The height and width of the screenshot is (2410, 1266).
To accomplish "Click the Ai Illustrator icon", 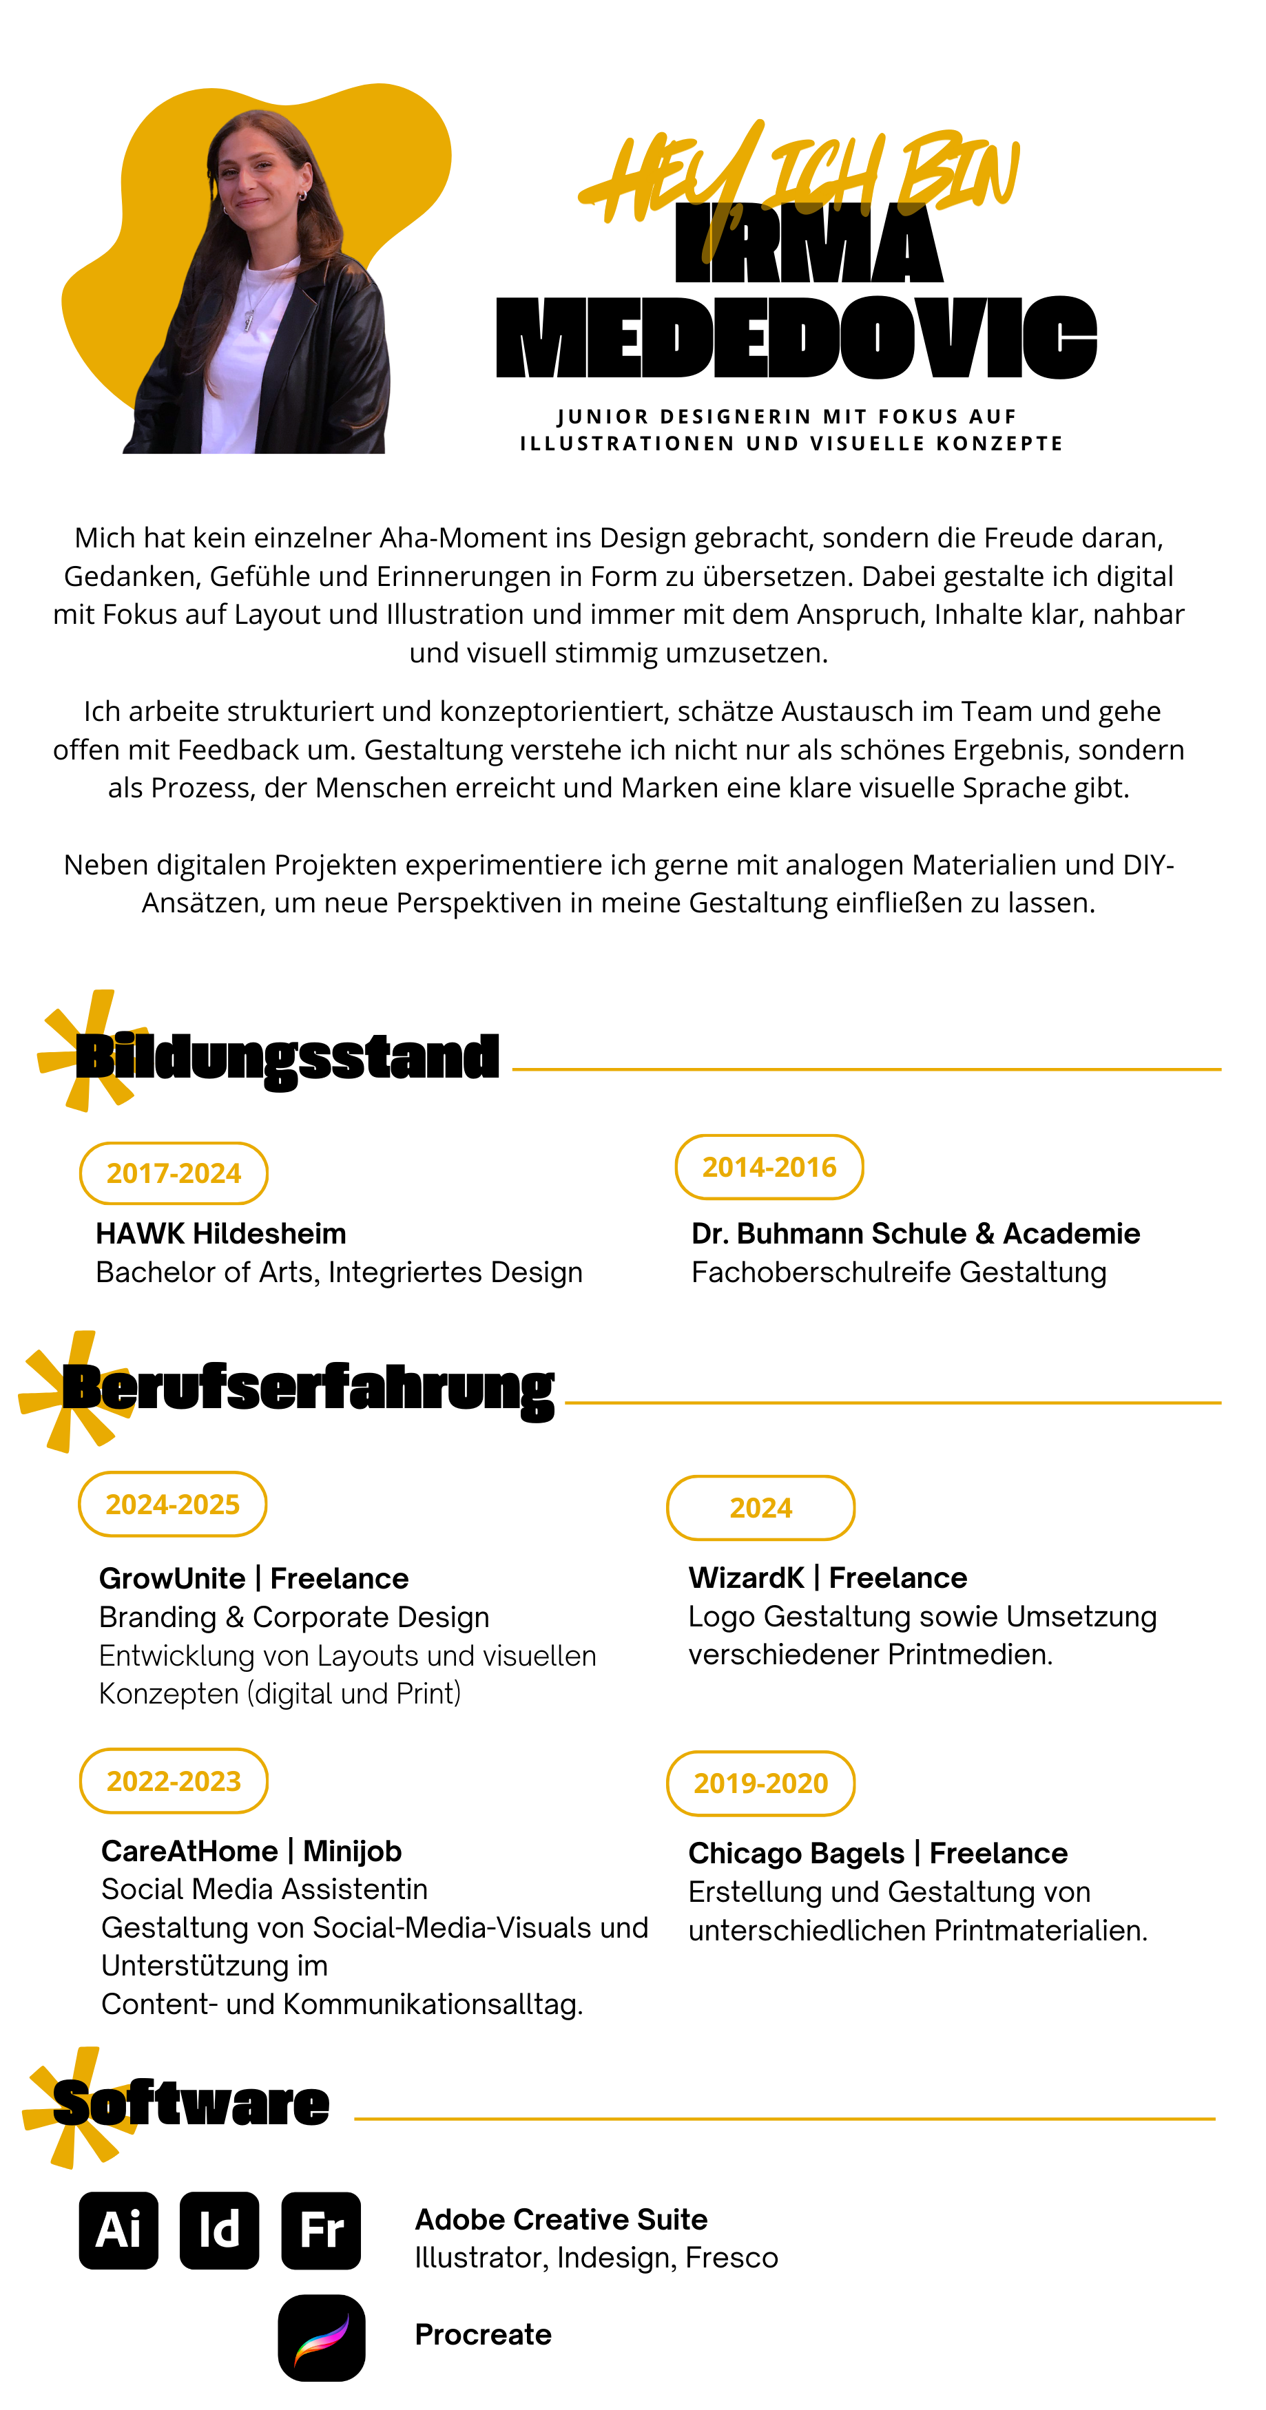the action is [119, 2230].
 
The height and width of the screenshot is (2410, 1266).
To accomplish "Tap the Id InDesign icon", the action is [219, 2230].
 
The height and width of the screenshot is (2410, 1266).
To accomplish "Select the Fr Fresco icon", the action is [321, 2230].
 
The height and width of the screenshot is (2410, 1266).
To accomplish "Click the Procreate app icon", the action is [322, 2337].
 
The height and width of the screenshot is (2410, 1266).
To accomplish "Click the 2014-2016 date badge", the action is [769, 1166].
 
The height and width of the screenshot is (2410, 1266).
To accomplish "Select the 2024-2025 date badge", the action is [173, 1503].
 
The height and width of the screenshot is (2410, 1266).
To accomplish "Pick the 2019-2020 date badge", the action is [760, 1782].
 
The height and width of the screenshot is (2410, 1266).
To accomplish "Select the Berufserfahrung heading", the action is [309, 1390].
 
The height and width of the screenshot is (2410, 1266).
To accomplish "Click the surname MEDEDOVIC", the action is [796, 337].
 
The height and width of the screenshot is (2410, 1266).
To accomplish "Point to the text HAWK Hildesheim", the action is [221, 1233].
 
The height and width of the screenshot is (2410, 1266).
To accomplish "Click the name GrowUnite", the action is [172, 1578].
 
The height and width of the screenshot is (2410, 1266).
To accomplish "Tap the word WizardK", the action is [746, 1578].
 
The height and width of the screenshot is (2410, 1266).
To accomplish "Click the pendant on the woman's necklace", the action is [248, 320].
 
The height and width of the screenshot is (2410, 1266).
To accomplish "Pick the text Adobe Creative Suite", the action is [561, 2219].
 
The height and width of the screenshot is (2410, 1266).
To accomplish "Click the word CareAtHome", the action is [190, 1851].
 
